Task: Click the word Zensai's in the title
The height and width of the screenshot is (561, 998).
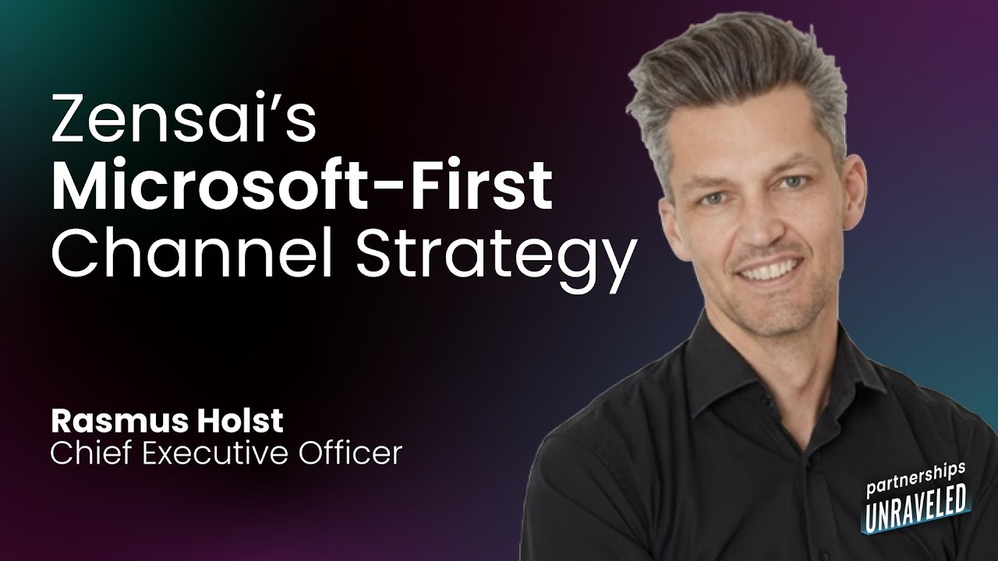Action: point(182,118)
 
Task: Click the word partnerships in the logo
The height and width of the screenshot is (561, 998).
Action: point(916,477)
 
